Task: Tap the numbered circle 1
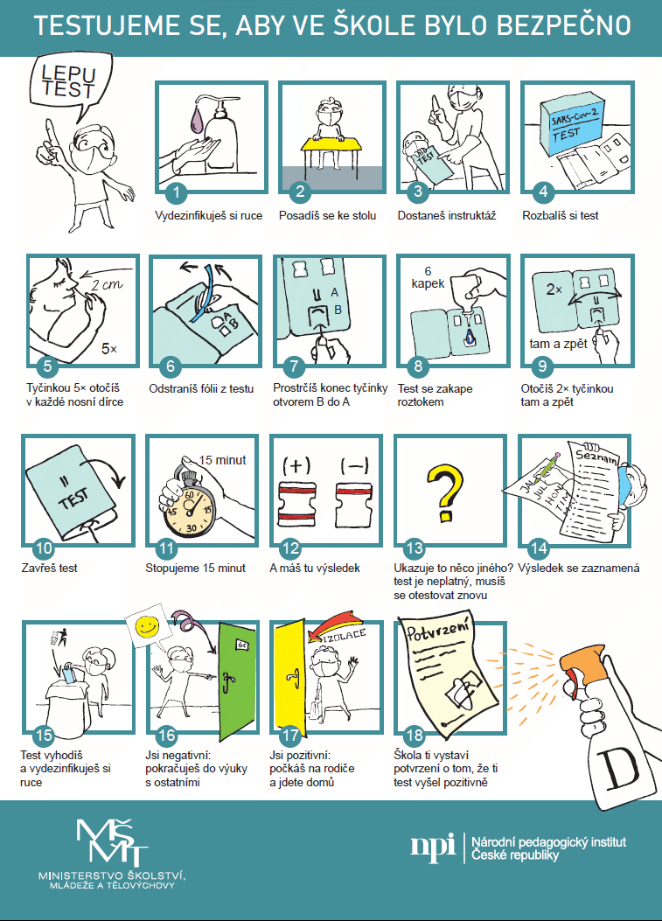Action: coord(176,192)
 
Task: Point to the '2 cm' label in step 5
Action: coord(107,286)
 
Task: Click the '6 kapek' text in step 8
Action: coord(429,278)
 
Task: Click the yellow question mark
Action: coord(444,493)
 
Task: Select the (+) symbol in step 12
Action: coord(296,466)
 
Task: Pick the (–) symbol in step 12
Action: coord(355,466)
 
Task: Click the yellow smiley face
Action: coord(147,626)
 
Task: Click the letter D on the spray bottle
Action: coord(618,768)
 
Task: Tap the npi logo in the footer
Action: coord(433,847)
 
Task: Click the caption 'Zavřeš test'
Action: coord(49,568)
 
